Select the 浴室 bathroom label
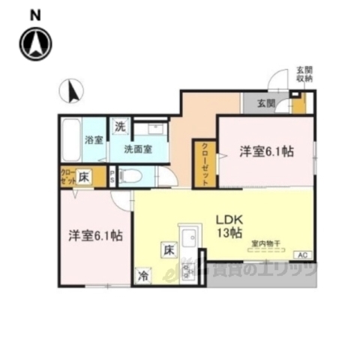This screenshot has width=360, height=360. [94, 139]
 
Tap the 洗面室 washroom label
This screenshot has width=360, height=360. [140, 148]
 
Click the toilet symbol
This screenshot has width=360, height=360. [130, 177]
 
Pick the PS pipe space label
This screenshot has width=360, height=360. [113, 177]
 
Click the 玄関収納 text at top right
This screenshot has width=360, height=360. [304, 73]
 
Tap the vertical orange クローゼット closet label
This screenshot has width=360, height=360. [204, 162]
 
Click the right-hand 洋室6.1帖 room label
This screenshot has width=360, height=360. [266, 150]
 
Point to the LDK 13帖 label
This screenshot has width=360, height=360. [229, 226]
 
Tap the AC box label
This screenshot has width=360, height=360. [303, 256]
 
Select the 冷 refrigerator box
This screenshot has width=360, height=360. [142, 275]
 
